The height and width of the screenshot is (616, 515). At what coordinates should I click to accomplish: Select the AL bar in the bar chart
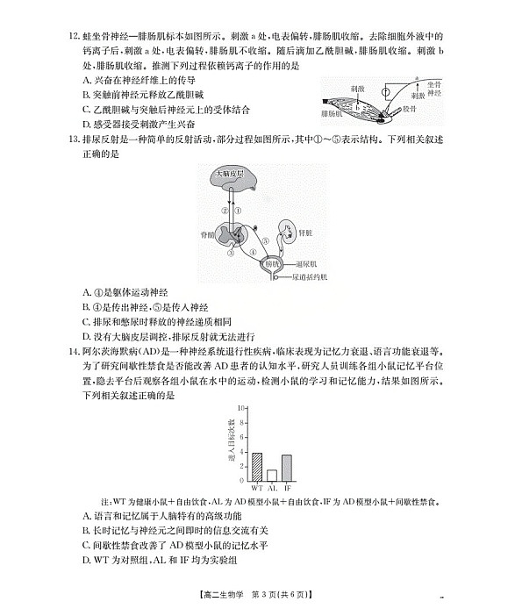[x=271, y=475]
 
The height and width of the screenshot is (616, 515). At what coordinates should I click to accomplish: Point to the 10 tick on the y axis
[x=240, y=409]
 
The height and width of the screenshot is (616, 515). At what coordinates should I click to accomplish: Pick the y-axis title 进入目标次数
[x=231, y=443]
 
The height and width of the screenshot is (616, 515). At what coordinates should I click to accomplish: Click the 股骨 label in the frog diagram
[x=411, y=108]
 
